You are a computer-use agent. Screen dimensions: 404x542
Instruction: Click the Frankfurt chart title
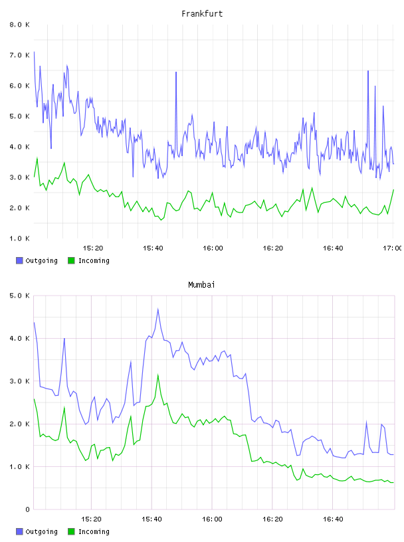click(x=202, y=14)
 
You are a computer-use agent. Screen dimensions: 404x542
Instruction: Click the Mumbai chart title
click(x=201, y=284)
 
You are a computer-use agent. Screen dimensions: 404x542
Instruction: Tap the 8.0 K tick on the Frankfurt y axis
click(x=20, y=25)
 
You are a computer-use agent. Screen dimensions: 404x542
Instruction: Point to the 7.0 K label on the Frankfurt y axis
click(x=20, y=55)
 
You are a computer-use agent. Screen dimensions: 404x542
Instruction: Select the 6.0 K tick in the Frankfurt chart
click(x=20, y=86)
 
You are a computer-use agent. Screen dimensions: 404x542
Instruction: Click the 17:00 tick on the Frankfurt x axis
click(x=392, y=248)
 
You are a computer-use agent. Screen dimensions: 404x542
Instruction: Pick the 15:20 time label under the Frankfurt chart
click(x=93, y=248)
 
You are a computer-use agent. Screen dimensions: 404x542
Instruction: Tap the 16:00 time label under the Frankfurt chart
click(x=213, y=248)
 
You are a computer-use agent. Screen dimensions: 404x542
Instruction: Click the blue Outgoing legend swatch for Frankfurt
click(x=19, y=260)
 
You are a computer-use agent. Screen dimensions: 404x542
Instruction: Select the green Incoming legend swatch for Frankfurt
click(x=71, y=260)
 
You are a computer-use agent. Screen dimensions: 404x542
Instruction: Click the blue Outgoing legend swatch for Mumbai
click(x=19, y=531)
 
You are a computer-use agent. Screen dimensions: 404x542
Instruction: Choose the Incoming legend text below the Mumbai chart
click(x=94, y=531)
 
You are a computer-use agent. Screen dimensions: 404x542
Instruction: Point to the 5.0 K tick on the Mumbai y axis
click(x=20, y=296)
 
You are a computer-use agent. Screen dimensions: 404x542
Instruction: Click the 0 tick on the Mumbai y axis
click(x=27, y=509)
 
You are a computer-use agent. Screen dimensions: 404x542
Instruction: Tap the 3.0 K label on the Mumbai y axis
click(x=20, y=381)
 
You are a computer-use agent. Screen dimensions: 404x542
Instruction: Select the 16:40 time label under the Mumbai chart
click(x=333, y=519)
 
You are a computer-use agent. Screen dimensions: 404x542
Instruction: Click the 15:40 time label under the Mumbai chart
click(x=151, y=519)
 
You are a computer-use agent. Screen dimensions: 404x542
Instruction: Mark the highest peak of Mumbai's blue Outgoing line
click(x=157, y=309)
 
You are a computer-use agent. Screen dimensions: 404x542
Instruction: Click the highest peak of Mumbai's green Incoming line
click(x=157, y=375)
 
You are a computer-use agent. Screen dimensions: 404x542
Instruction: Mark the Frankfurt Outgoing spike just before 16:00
click(x=176, y=72)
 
